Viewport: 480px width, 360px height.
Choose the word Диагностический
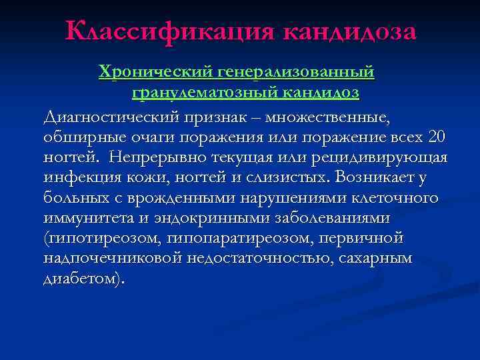(x=121, y=117)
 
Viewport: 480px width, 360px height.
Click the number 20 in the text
(x=437, y=137)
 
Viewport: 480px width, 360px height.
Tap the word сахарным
(x=377, y=259)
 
